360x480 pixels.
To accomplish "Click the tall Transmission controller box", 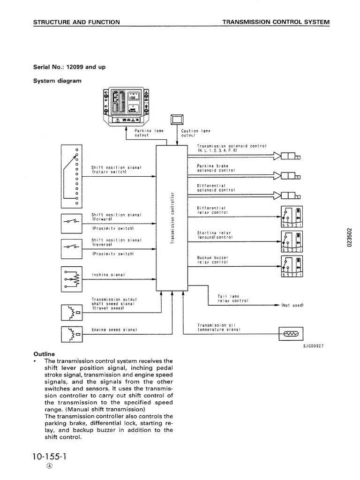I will coord(172,217).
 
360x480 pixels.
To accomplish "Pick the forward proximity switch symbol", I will coord(72,222).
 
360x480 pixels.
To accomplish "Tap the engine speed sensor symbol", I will coord(72,334).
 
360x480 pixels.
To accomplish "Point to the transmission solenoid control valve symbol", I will coord(291,157).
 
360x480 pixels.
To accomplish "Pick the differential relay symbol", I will coord(292,217).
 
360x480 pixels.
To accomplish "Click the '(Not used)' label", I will coord(293,305).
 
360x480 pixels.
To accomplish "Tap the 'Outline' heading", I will coord(44,354).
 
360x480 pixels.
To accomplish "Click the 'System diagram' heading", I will coord(57,81).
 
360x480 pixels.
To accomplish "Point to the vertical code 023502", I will coord(349,239).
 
